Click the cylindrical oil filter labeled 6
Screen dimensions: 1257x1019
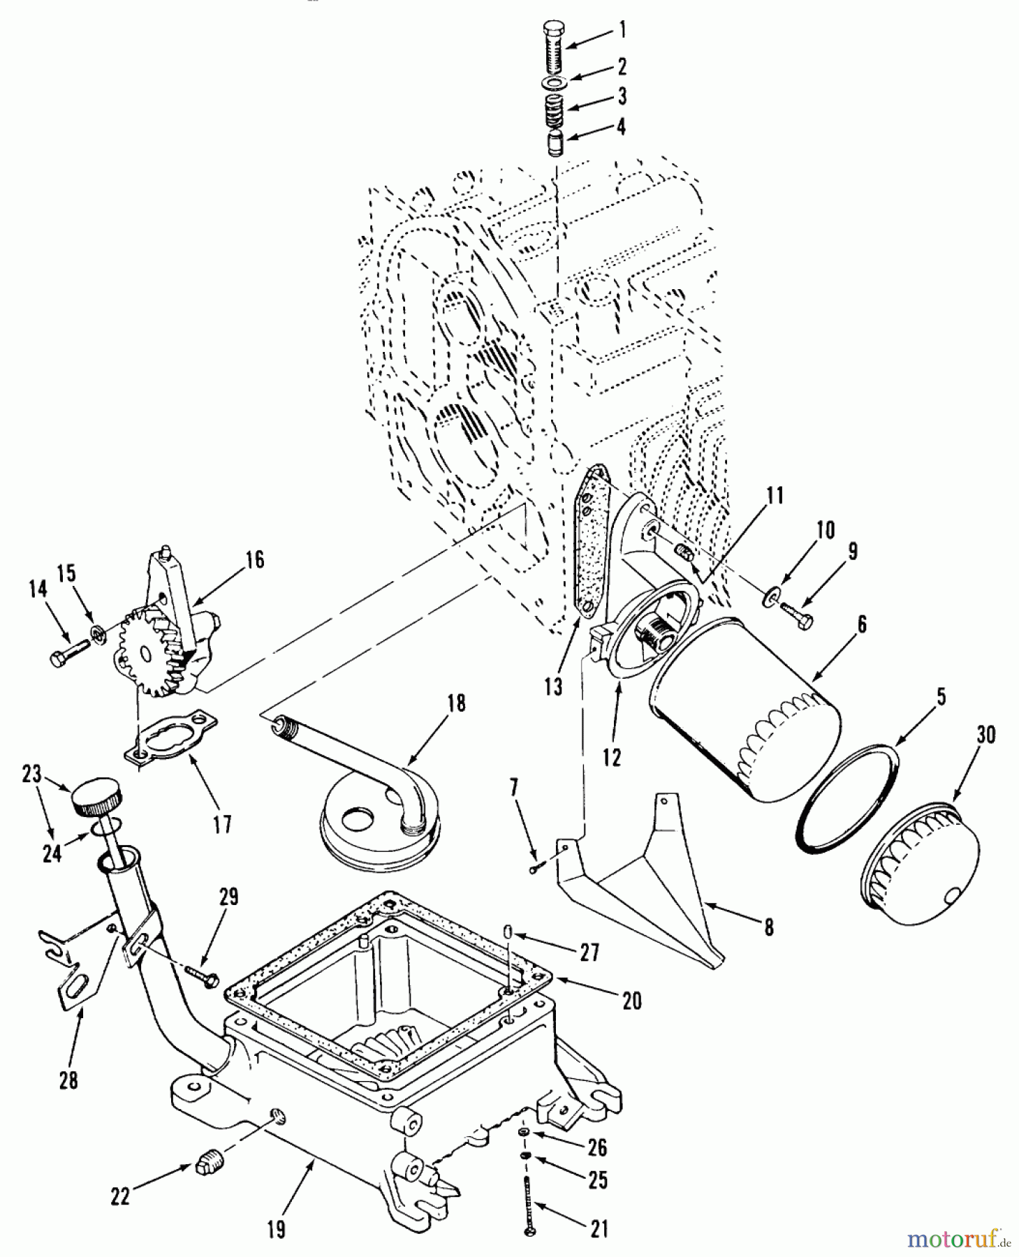[x=744, y=709]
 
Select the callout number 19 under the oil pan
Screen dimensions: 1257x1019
[x=277, y=1228]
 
